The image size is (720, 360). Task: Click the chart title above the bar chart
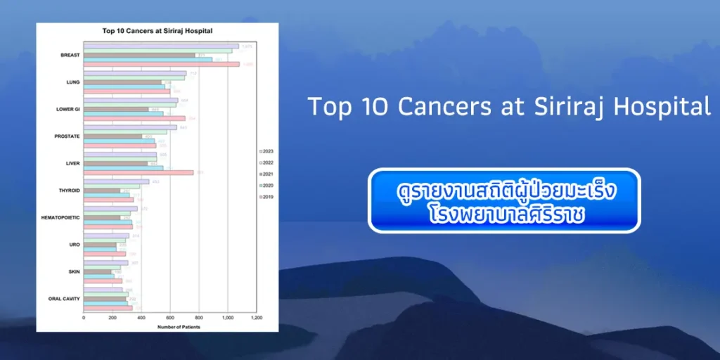157,31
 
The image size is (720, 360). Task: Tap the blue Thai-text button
504,200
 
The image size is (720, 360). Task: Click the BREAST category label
70,55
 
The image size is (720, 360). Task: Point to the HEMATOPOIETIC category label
61,218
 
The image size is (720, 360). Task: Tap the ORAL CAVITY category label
64,299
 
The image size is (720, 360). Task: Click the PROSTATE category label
67,136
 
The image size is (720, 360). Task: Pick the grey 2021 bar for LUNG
122,82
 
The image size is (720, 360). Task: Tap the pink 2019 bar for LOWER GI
134,118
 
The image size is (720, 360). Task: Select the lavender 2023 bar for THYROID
116,181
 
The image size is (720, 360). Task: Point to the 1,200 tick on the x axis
257,319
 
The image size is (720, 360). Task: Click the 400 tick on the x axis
141,319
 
